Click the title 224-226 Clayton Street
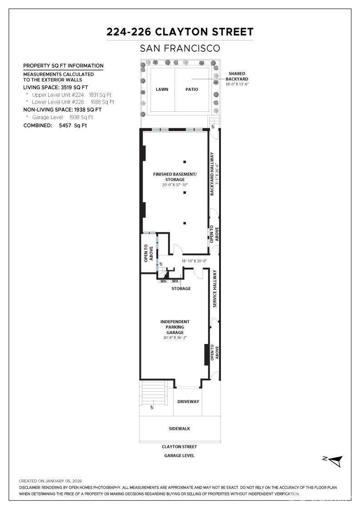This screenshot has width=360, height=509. pyautogui.click(x=180, y=32)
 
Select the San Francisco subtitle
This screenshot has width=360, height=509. pyautogui.click(x=180, y=48)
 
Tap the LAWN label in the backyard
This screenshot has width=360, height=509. pyautogui.click(x=162, y=90)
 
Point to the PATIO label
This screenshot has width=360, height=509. pyautogui.click(x=192, y=90)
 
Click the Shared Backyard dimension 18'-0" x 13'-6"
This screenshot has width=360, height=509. pyautogui.click(x=237, y=84)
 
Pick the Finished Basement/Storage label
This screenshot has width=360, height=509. pyautogui.click(x=175, y=177)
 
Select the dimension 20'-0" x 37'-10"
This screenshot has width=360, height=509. pyautogui.click(x=175, y=185)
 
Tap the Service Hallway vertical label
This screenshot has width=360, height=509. pyautogui.click(x=215, y=289)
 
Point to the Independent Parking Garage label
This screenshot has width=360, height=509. pyautogui.click(x=175, y=327)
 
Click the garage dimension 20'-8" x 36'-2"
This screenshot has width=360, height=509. pyautogui.click(x=175, y=338)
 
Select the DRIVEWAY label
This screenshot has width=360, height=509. pyautogui.click(x=188, y=402)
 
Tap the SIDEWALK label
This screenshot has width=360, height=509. pyautogui.click(x=180, y=429)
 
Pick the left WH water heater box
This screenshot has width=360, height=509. pyautogui.click(x=163, y=281)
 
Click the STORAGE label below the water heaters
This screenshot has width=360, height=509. pyautogui.click(x=181, y=289)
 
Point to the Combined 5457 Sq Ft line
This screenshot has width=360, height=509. pyautogui.click(x=55, y=125)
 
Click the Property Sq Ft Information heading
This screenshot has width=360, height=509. pyautogui.click(x=63, y=66)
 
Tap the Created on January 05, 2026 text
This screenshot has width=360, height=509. pyautogui.click(x=50, y=481)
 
